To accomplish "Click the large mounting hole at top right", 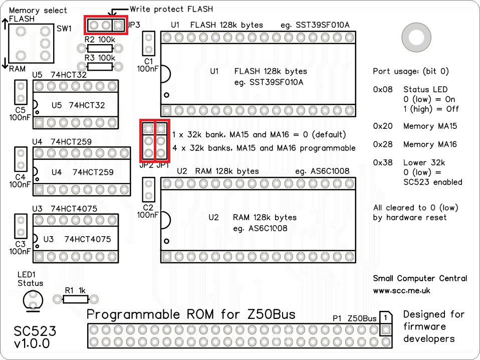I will pos(416,37).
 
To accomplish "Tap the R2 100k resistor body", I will pos(100,49).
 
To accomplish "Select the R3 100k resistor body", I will pos(100,67).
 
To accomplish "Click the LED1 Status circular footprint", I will pos(33,300).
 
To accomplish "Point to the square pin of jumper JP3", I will pos(118,25).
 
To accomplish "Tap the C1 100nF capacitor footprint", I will pos(148,44).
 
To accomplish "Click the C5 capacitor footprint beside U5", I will pos(21,92).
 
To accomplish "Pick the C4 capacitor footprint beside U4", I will pos(21,158).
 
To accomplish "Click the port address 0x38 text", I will pos(383,162).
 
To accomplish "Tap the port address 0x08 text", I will pos(383,90).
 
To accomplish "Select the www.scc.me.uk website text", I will pos(401,290).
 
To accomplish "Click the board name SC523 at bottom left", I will pos(35,331).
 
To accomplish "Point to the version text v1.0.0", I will pos(32,344).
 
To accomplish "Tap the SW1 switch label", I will pos(64,29).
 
